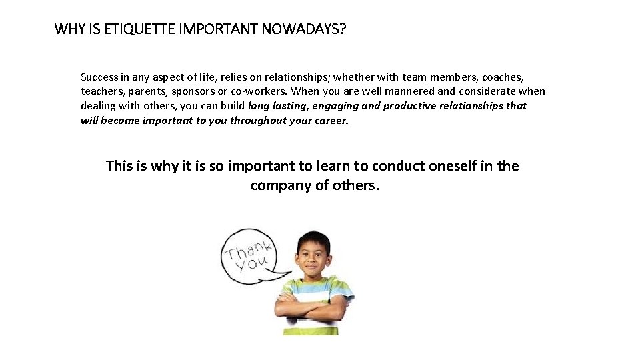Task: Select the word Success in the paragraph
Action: coord(99,77)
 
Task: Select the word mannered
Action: coord(407,91)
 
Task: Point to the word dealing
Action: coord(98,106)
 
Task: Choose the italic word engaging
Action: coord(335,106)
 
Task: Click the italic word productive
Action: coord(409,106)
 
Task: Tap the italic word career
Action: coord(331,121)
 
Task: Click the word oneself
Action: coord(461,166)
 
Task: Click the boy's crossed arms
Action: coord(311,306)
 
